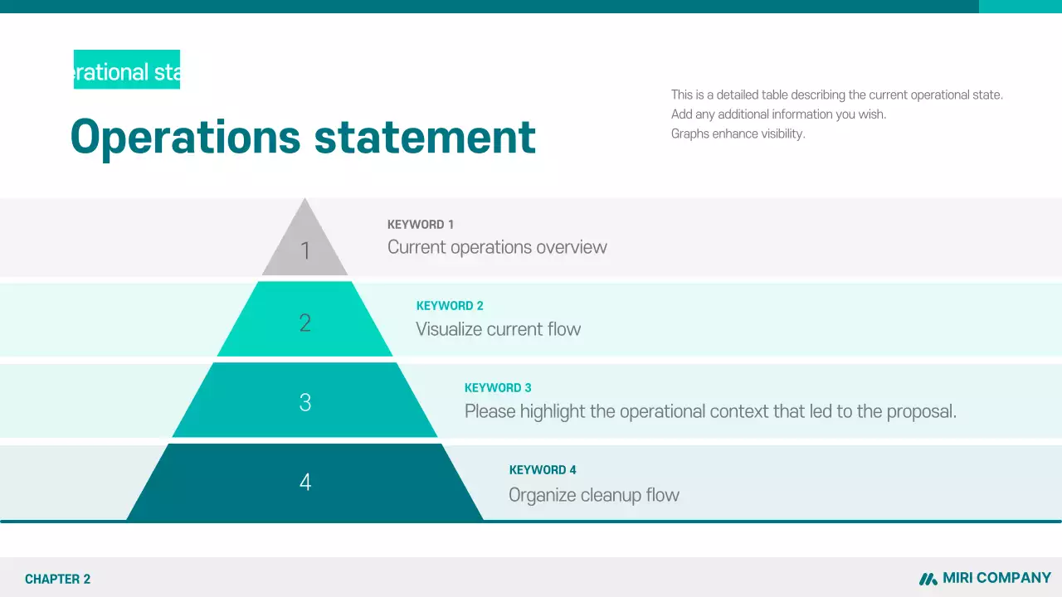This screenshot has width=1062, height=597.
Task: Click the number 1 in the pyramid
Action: pos(305,250)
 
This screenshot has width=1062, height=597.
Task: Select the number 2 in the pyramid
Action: pos(305,323)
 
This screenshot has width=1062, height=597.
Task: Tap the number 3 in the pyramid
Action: pos(305,403)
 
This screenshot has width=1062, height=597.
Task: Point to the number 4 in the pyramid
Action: pos(305,482)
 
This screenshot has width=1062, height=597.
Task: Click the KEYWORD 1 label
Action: pos(421,225)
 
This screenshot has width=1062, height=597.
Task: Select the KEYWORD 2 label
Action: pos(450,306)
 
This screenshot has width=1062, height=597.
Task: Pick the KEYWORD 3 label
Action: pos(498,388)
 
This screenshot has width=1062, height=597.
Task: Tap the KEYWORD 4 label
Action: pos(543,470)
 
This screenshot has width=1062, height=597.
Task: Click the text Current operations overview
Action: pos(497,247)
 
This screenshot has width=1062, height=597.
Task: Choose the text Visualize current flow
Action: pos(498,329)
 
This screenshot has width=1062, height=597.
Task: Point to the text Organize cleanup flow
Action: pos(594,495)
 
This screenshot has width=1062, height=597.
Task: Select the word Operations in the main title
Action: pos(185,137)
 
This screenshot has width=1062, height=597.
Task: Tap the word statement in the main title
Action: pos(425,137)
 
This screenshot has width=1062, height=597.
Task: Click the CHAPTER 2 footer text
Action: pos(57,580)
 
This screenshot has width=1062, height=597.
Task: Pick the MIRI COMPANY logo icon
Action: pos(928,579)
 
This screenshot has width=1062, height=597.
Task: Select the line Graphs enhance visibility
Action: pos(738,133)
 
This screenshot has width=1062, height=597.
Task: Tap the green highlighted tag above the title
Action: pos(127,70)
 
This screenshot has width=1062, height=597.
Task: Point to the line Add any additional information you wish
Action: pos(778,114)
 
